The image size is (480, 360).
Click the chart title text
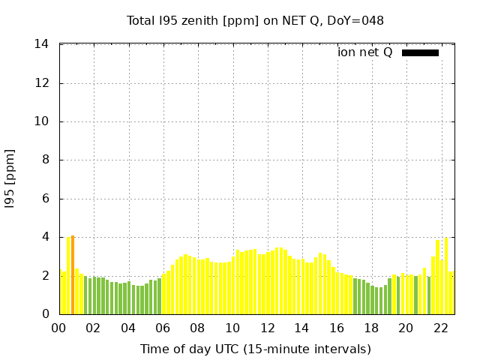pyautogui.click(x=255, y=20)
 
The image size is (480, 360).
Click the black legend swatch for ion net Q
pyautogui.click(x=420, y=52)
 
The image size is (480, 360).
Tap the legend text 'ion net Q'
pyautogui.click(x=365, y=52)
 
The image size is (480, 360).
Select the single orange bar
pyautogui.click(x=73, y=274)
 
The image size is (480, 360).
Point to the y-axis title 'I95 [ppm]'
pyautogui.click(x=10, y=178)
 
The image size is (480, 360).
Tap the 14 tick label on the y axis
pyautogui.click(x=42, y=44)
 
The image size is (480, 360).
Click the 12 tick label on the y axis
pyautogui.click(x=42, y=83)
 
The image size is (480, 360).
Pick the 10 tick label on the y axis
pyautogui.click(x=42, y=121)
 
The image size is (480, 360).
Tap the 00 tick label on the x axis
pyautogui.click(x=59, y=328)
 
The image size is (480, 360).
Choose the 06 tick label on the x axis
pyautogui.click(x=163, y=328)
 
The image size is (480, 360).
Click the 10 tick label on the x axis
pyautogui.click(x=232, y=328)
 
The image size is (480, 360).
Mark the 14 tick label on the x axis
pyautogui.click(x=301, y=328)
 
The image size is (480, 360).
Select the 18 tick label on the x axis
pyautogui.click(x=370, y=328)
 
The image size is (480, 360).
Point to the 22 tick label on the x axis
pyautogui.click(x=440, y=328)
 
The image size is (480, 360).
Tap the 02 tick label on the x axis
pyautogui.click(x=94, y=328)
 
